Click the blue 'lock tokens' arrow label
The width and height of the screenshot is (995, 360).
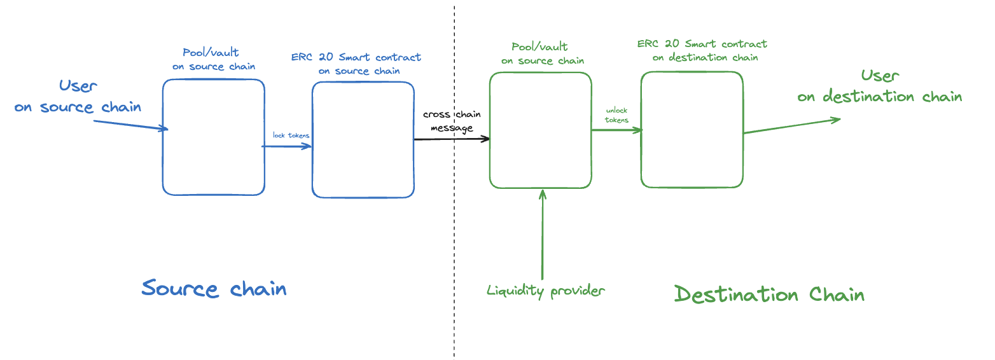(x=291, y=135)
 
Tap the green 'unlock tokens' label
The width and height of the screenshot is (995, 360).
(x=616, y=115)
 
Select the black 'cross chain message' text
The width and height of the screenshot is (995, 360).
(x=452, y=121)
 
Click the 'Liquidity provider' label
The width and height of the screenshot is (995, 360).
(x=545, y=291)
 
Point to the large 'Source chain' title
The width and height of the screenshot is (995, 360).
(x=214, y=288)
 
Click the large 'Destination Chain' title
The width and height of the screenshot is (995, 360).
(x=769, y=294)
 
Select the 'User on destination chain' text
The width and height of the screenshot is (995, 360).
(x=880, y=87)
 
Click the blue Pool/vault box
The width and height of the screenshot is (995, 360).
(x=213, y=137)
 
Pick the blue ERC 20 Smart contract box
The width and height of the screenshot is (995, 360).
(x=363, y=140)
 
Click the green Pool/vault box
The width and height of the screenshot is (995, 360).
(x=540, y=130)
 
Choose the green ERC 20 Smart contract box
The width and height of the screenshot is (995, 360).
(x=692, y=130)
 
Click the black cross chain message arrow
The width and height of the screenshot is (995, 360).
(x=452, y=139)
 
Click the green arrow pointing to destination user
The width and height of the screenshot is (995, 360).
(x=792, y=126)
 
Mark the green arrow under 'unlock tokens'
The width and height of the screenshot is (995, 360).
(x=616, y=130)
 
